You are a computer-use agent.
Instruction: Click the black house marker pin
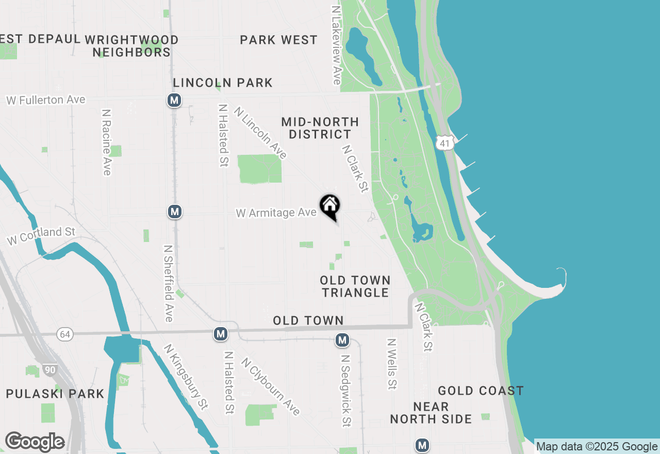click(330, 206)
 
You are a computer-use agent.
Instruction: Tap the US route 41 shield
click(444, 143)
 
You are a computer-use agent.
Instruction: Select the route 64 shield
click(65, 334)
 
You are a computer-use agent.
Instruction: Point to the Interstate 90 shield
click(50, 369)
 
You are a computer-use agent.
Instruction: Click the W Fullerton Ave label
click(46, 100)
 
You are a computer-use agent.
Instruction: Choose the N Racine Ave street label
click(107, 142)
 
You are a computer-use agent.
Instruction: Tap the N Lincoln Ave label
click(260, 133)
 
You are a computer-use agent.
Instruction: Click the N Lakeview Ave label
click(337, 45)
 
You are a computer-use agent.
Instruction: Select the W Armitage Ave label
click(276, 213)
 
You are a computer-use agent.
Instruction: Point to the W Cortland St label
click(41, 236)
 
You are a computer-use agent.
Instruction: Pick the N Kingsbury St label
click(186, 377)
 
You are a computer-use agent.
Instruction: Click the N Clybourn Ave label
click(270, 386)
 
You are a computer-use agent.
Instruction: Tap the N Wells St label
click(392, 364)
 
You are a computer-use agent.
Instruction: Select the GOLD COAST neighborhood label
click(481, 391)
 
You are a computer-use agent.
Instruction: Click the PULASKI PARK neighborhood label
click(55, 394)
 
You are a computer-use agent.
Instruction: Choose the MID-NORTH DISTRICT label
click(320, 128)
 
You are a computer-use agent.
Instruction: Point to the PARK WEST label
click(278, 40)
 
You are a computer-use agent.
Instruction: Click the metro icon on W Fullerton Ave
click(174, 100)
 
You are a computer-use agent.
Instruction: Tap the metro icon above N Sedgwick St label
click(342, 340)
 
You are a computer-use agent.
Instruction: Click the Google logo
click(35, 442)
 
